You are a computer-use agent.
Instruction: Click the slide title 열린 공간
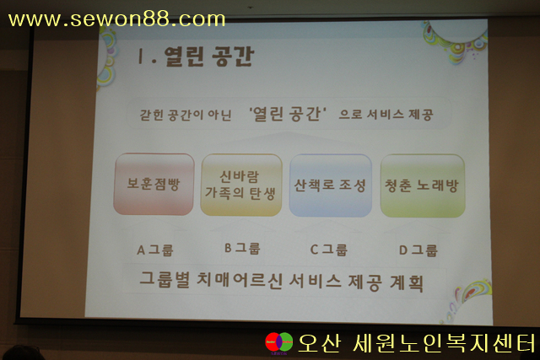point(209,56)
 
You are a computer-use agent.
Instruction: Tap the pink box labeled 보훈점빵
point(154,184)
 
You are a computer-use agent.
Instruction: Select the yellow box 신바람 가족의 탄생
point(241,185)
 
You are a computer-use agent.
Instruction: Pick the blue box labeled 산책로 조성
point(330,185)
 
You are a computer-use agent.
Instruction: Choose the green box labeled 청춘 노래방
point(423,185)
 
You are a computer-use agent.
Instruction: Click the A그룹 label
point(155,250)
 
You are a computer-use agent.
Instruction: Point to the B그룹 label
point(242,249)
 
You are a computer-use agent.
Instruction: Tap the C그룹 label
point(328,250)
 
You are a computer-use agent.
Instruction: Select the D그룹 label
point(418,250)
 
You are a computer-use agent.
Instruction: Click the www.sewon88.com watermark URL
point(116,19)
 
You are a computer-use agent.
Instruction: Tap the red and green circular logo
point(279,342)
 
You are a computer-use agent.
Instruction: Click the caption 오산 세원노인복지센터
point(417,343)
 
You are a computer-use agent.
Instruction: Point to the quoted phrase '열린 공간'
point(288,115)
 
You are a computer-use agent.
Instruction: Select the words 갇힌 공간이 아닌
point(186,115)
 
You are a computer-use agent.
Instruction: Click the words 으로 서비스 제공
point(386,115)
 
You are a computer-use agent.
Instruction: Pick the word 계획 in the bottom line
point(407,283)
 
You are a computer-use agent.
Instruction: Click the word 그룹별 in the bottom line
point(165,279)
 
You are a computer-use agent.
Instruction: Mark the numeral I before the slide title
point(140,56)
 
